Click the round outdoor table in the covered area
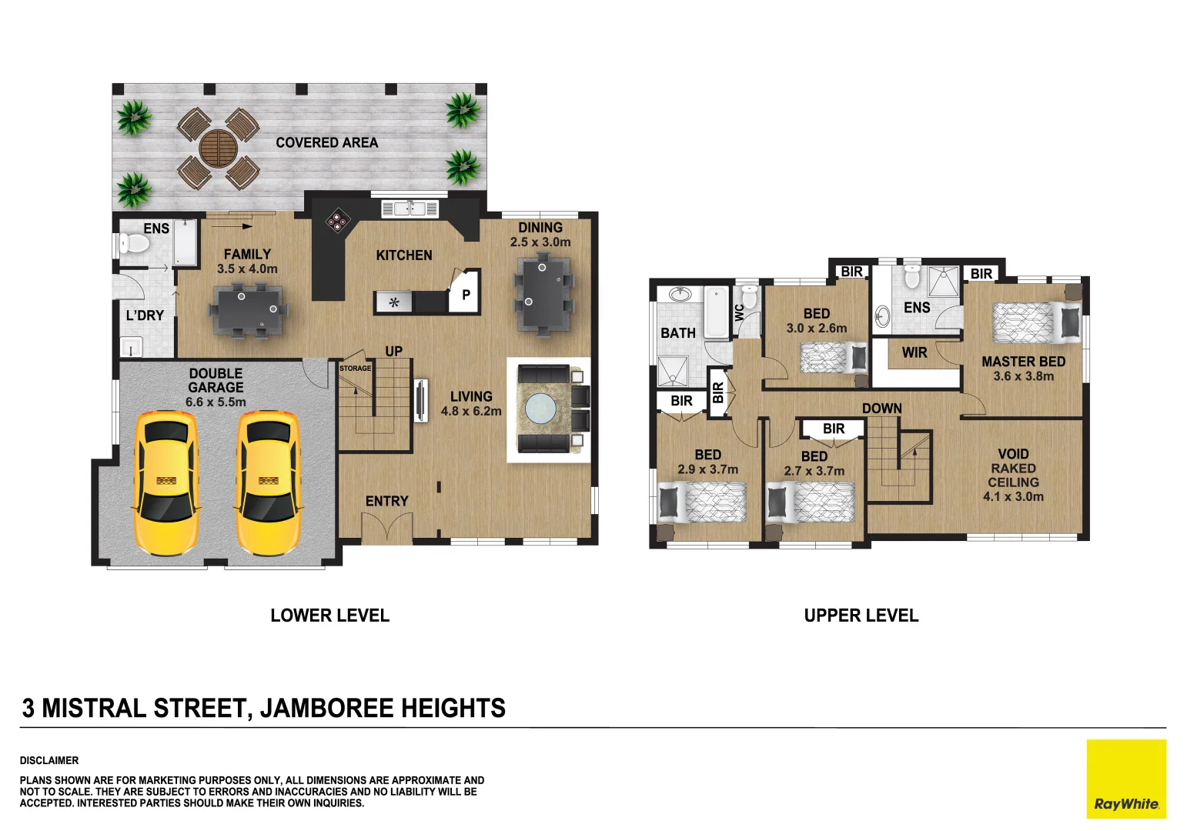tap(218, 148)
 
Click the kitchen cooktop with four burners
tap(336, 220)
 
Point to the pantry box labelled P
tap(465, 294)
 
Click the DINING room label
tap(540, 228)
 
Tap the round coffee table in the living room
tap(540, 409)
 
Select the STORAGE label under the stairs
tap(355, 369)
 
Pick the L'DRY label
tap(145, 315)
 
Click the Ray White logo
tap(1125, 779)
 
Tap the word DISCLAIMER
tap(49, 760)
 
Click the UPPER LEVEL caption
tap(861, 616)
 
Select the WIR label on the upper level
tap(914, 352)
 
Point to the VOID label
tap(1012, 454)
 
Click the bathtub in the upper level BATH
tap(716, 312)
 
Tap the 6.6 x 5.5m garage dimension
tap(216, 402)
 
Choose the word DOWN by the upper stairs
tap(881, 408)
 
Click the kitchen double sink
tap(410, 209)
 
